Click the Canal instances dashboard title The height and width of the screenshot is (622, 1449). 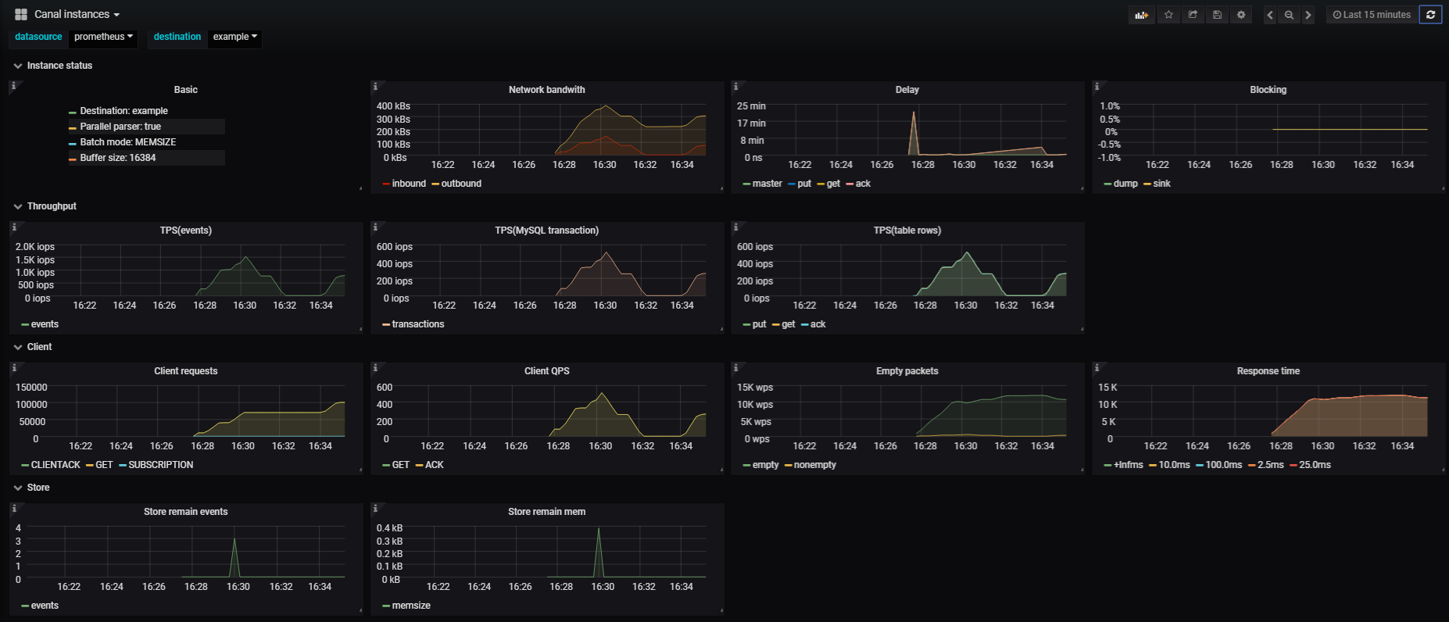coord(72,14)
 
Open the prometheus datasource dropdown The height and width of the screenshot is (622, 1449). coord(103,37)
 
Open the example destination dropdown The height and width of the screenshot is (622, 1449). coord(234,37)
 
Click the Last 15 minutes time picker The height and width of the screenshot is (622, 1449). coord(1372,14)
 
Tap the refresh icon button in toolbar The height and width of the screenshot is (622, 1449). coord(1430,14)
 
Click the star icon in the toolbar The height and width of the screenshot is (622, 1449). coord(1168,14)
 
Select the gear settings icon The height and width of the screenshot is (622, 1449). coord(1241,14)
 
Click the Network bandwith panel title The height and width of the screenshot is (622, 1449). coord(546,90)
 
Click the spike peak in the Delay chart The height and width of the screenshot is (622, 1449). coord(913,113)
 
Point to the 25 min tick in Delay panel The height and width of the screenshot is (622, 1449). coord(751,106)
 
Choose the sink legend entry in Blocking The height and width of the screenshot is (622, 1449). coord(1161,184)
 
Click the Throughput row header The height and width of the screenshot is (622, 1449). coord(52,206)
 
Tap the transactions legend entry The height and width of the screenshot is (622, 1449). coord(417,324)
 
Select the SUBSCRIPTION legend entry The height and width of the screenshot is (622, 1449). coord(160,465)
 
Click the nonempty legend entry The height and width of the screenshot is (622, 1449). coord(814,465)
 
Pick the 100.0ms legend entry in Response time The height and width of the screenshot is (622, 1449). coord(1223,465)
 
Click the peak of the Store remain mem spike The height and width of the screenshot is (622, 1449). coord(599,529)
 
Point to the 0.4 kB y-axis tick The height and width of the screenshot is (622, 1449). coord(389,528)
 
